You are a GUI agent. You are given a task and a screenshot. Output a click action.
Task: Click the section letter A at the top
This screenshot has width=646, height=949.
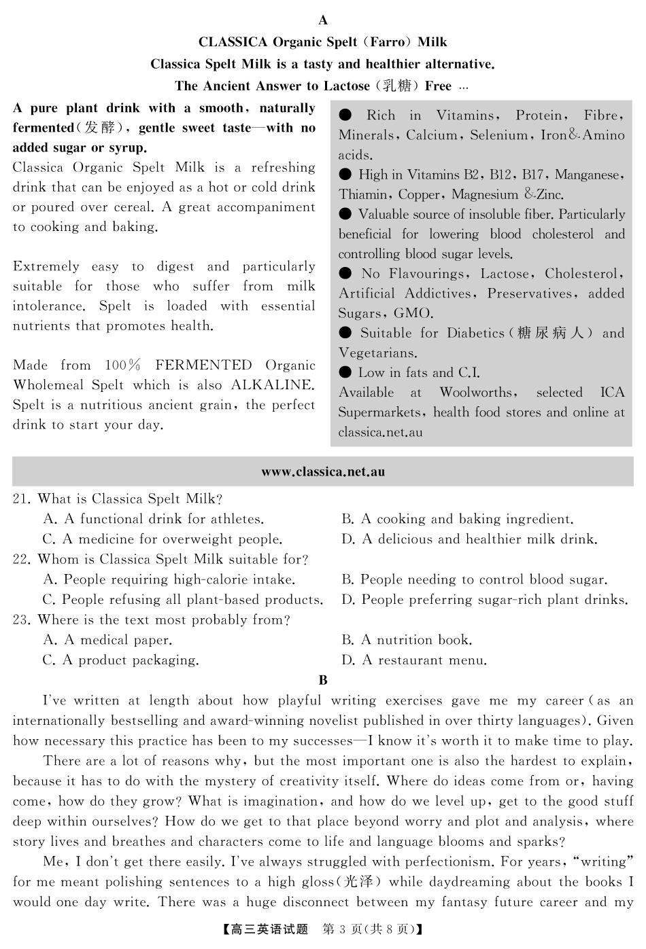[323, 20]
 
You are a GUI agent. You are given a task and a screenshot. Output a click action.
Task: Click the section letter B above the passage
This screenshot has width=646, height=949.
[323, 680]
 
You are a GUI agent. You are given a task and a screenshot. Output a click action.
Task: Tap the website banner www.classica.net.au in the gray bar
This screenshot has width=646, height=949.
[323, 471]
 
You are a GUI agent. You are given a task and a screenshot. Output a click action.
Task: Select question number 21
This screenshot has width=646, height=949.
[21, 499]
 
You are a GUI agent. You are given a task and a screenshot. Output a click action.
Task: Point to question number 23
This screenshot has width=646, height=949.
[21, 620]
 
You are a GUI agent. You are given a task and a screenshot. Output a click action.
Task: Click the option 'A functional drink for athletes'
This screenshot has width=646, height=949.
[154, 519]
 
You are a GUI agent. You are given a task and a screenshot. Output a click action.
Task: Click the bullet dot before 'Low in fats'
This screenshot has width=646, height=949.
[345, 372]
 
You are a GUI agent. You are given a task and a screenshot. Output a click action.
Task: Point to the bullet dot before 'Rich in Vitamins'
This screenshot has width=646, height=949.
[345, 115]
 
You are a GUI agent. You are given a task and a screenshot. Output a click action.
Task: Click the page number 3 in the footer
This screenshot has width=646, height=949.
[352, 929]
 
